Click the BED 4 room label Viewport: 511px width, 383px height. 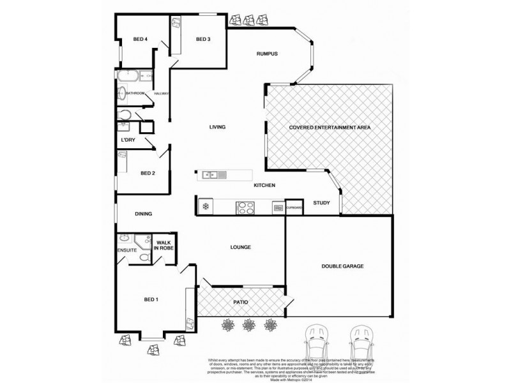pos(141,40)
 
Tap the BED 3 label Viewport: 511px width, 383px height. pos(203,40)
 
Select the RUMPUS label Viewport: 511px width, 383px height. pos(266,54)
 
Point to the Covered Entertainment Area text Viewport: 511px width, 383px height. pos(330,128)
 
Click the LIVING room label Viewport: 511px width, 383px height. pos(218,127)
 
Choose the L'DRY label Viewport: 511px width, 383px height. pos(128,139)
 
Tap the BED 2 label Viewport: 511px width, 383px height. pos(148,172)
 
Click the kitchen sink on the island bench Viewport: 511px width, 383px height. pos(211,175)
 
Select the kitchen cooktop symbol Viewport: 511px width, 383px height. pos(245,206)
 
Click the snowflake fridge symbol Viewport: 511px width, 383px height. pos(206,206)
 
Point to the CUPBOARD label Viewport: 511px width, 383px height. pos(294,207)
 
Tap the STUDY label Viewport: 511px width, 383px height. pos(321,204)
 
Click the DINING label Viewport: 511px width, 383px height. pos(144,214)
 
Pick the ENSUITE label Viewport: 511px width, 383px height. pos(126,250)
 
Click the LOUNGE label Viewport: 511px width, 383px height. pos(240,247)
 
